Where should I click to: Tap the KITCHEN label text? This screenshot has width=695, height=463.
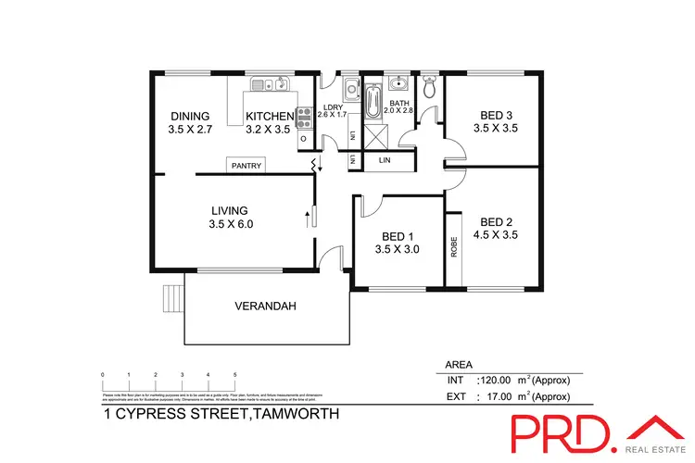coord(268,116)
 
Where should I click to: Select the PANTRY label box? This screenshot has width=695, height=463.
coord(247,166)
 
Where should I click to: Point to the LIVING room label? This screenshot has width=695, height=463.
coord(230,210)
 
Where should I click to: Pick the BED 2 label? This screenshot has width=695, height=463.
coord(497,221)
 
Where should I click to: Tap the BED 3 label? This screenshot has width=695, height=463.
coord(497,116)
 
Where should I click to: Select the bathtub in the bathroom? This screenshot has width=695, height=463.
coord(374,103)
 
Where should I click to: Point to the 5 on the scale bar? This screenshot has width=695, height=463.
coord(235,373)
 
